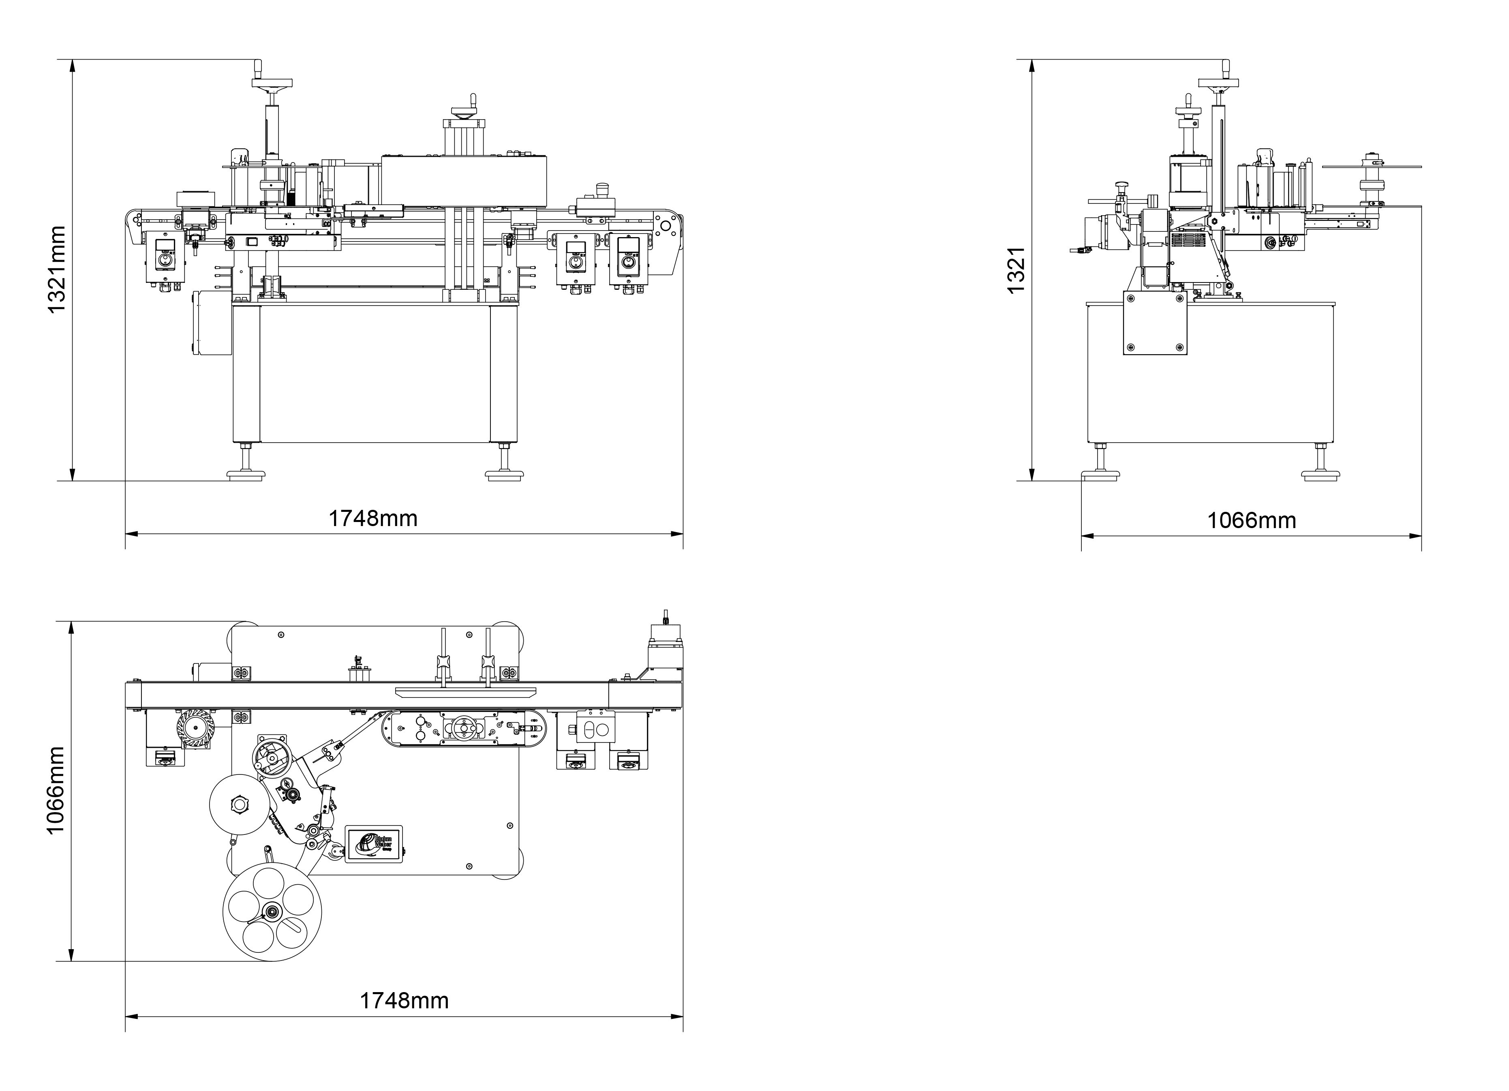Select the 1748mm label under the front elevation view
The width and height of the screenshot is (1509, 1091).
coord(373,518)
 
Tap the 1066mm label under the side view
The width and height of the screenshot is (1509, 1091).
coord(1252,520)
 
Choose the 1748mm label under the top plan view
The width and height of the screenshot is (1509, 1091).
coord(404,1001)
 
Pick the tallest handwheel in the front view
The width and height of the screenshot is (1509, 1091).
coord(272,83)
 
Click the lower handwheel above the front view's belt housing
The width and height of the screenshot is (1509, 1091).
coord(464,114)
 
